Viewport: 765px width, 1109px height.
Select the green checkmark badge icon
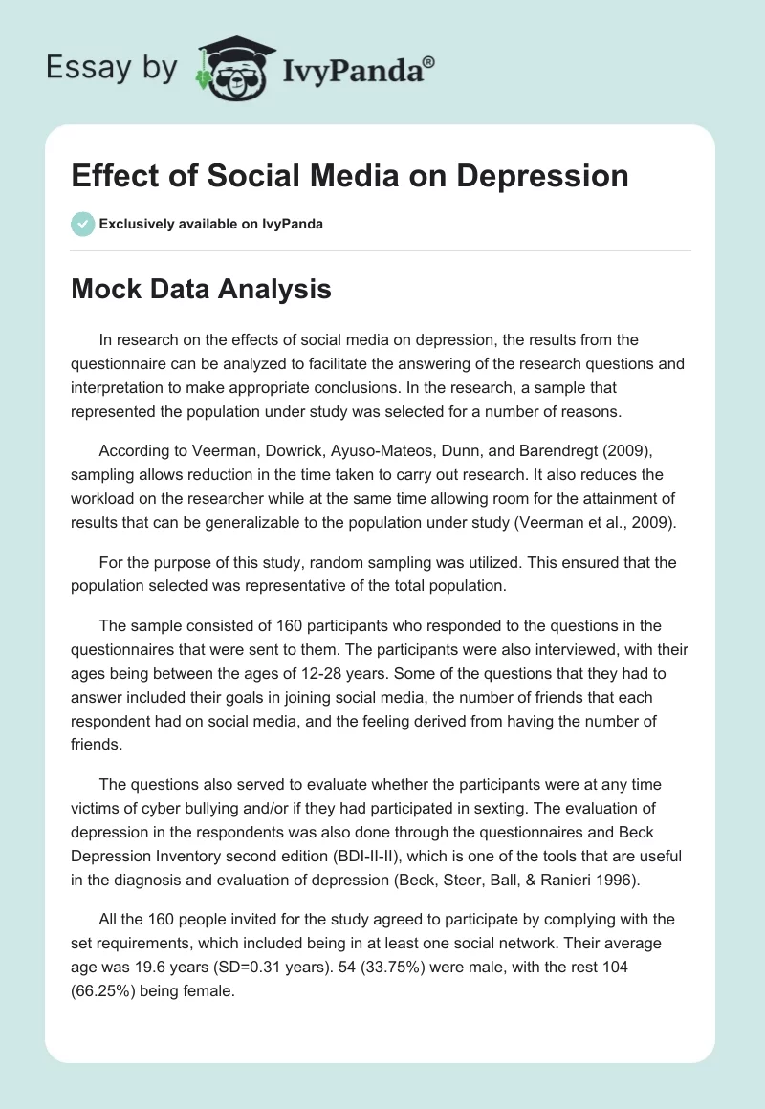(82, 224)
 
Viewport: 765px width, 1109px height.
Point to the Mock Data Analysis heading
(201, 290)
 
